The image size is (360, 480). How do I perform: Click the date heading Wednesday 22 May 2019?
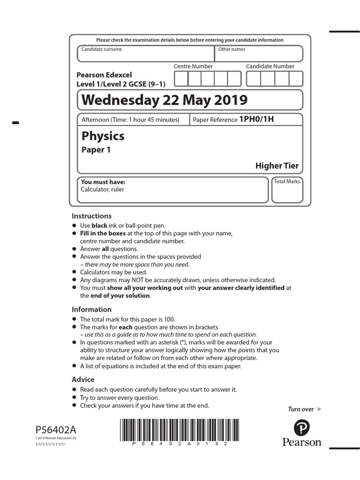[x=164, y=100]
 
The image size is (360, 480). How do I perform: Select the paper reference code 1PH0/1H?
[x=256, y=120]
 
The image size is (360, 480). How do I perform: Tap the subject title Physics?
[x=103, y=136]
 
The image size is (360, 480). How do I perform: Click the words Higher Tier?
[x=277, y=165]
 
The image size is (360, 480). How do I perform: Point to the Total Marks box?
[x=287, y=190]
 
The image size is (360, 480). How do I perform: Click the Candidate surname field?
[x=145, y=54]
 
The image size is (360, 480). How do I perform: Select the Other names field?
[x=259, y=54]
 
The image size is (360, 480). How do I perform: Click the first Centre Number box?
[x=181, y=79]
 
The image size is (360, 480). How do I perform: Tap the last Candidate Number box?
[x=296, y=79]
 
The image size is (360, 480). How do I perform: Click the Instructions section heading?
[x=91, y=216]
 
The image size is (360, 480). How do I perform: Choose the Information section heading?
[x=91, y=309]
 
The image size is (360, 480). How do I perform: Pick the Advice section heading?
[x=83, y=379]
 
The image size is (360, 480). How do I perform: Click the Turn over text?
[x=301, y=409]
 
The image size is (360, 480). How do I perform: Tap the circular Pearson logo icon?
[x=302, y=428]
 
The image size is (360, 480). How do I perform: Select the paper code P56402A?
[x=54, y=429]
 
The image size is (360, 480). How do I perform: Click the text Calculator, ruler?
[x=102, y=189]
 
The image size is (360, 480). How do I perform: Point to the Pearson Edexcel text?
[x=104, y=75]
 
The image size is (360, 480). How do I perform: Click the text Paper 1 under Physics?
[x=96, y=150]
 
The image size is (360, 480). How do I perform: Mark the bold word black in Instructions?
[x=99, y=225]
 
